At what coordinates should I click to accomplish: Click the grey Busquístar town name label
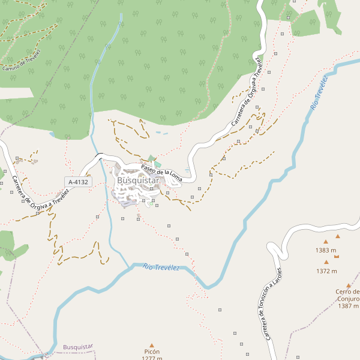138,180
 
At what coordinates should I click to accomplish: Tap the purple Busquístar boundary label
78,347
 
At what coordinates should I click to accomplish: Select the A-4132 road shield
78,182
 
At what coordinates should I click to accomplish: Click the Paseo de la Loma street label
161,173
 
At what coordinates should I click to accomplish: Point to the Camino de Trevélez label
22,60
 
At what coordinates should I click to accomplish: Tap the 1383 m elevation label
326,250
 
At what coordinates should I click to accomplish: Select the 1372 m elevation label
326,271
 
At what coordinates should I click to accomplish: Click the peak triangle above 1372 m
326,262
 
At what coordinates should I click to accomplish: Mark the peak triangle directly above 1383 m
326,241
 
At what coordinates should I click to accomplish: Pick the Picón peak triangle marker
152,344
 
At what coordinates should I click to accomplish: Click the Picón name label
152,352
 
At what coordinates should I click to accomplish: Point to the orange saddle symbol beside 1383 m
337,256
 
